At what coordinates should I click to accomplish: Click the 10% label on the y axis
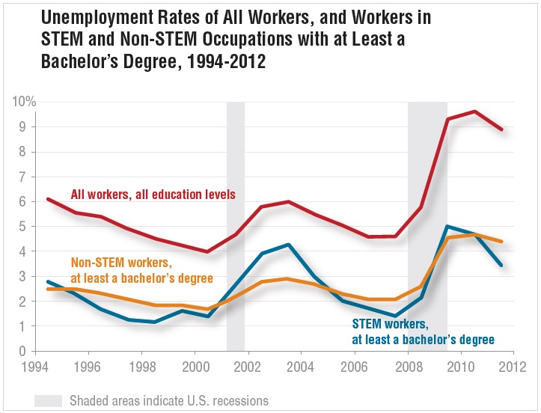pyautogui.click(x=25, y=102)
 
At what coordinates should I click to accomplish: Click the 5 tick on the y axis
pyautogui.click(x=23, y=227)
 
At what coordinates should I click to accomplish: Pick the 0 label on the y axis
pyautogui.click(x=23, y=352)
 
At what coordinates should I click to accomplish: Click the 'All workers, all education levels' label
pyautogui.click(x=153, y=195)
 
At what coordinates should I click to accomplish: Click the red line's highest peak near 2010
pyautogui.click(x=474, y=111)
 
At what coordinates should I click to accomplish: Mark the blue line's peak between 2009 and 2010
pyautogui.click(x=447, y=226)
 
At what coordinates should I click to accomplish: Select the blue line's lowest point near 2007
pyautogui.click(x=394, y=316)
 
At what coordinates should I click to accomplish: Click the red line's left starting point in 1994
pyautogui.click(x=47, y=199)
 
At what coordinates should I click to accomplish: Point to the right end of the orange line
pyautogui.click(x=501, y=242)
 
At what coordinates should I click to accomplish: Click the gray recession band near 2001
pyautogui.click(x=235, y=224)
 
